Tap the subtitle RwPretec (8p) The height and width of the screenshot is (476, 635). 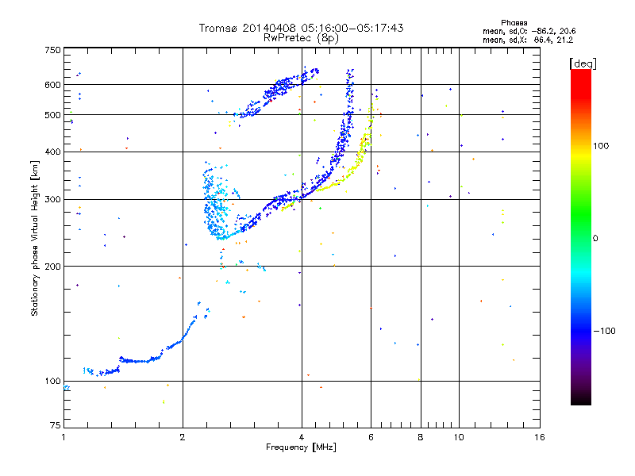(x=301, y=38)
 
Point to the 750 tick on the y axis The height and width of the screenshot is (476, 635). (x=52, y=50)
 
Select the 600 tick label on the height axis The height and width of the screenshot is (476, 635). (x=52, y=85)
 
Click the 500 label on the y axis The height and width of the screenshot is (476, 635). (x=52, y=115)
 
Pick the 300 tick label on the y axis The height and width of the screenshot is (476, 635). (x=52, y=199)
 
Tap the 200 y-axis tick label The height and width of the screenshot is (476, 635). (x=52, y=266)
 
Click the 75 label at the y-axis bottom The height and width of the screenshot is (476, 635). (x=56, y=425)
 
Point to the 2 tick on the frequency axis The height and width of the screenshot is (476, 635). (x=183, y=437)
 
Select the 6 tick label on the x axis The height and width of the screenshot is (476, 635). (x=371, y=437)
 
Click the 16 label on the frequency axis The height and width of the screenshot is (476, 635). (x=540, y=437)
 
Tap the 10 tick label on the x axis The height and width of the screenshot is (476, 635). (x=459, y=437)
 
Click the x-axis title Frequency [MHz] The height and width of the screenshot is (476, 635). (x=301, y=447)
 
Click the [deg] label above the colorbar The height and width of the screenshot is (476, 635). (x=583, y=63)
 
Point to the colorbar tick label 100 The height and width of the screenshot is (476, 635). (x=601, y=146)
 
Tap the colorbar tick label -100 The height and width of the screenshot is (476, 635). (x=604, y=331)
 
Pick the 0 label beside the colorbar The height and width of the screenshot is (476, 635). (x=595, y=239)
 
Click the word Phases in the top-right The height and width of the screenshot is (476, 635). (x=514, y=23)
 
